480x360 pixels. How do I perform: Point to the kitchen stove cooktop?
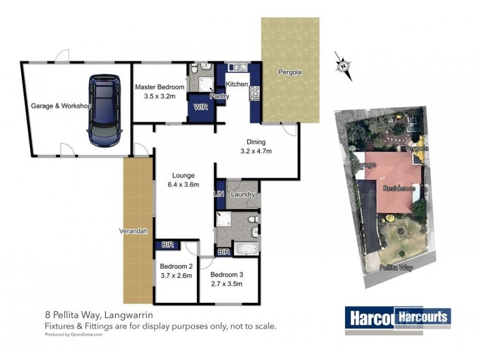tap(254, 92)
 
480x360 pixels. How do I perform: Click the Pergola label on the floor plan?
tap(290, 72)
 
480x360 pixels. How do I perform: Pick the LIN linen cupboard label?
tap(220, 194)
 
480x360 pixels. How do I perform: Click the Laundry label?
tap(243, 194)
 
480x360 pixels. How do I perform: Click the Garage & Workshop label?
tap(61, 106)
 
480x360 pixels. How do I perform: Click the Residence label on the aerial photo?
tap(399, 188)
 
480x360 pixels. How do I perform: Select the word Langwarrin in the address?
tap(136, 314)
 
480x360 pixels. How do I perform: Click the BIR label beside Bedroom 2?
tap(166, 245)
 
